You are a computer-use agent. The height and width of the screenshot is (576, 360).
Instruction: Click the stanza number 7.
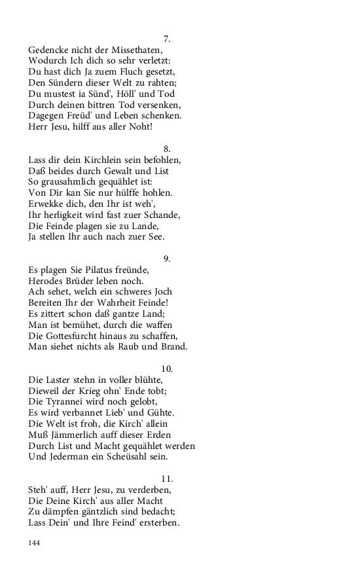(167, 39)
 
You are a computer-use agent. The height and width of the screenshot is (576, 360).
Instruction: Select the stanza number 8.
(167, 149)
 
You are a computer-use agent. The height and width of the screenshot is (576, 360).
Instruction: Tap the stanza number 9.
(167, 259)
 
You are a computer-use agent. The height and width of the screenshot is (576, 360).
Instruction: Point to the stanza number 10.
(167, 369)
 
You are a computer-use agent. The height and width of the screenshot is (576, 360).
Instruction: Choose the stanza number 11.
(167, 478)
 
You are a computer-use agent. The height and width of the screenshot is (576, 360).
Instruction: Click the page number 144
(35, 543)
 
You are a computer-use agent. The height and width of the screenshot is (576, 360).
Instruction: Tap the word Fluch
(126, 72)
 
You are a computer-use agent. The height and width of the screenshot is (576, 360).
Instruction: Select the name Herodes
(48, 281)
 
